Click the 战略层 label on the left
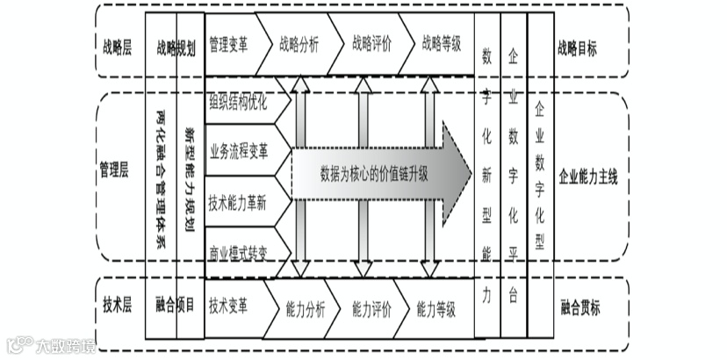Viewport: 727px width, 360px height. pos(116,47)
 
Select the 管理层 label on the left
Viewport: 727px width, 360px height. pos(116,175)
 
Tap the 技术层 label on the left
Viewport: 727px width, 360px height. pos(116,306)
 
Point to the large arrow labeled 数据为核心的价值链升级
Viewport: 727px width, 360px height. pos(378,173)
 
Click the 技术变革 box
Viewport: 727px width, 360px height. pos(230,306)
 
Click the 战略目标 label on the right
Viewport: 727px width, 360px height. pos(577,48)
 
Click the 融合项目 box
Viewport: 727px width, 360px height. pos(175,306)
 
